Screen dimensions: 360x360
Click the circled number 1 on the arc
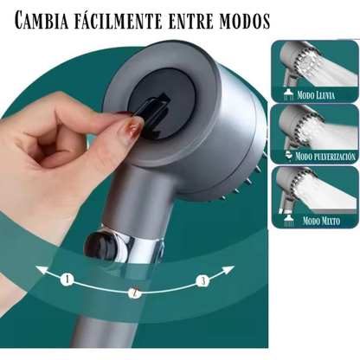(66, 280)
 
